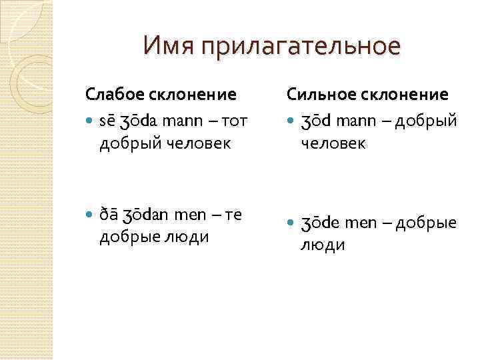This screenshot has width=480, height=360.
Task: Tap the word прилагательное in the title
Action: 297,47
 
